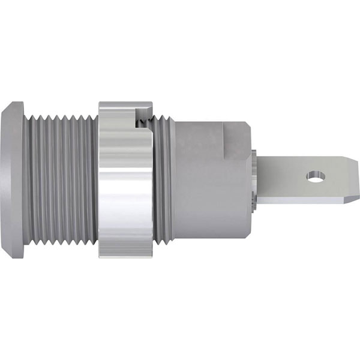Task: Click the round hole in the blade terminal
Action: pyautogui.click(x=314, y=177)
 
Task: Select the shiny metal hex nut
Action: pyautogui.click(x=125, y=180)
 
